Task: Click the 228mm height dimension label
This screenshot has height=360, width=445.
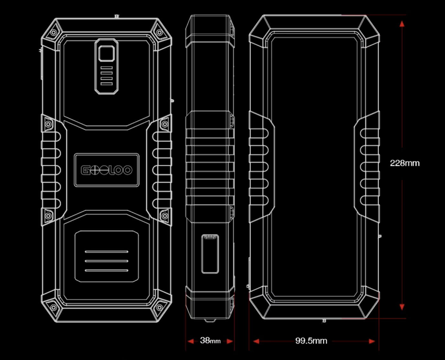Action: (x=405, y=163)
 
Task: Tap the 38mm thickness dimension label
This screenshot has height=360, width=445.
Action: (x=210, y=341)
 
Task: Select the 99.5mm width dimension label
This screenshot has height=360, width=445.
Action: (x=311, y=341)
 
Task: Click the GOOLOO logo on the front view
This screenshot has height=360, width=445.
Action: (x=106, y=170)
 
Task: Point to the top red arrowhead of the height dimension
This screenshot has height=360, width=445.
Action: (x=402, y=24)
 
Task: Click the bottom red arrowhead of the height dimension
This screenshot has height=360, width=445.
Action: (x=402, y=306)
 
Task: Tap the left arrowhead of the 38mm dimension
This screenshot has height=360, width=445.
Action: (x=190, y=341)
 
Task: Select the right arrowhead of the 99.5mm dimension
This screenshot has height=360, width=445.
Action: (x=372, y=341)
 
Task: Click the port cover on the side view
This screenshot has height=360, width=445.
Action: (x=210, y=254)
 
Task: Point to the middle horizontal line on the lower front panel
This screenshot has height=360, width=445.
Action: (x=106, y=261)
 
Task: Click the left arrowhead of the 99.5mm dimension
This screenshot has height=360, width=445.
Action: (x=256, y=341)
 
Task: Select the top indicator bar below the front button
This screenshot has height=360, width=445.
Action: (x=106, y=68)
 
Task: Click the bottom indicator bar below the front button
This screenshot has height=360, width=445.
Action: (x=106, y=84)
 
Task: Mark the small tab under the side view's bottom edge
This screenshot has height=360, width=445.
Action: (x=209, y=321)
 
